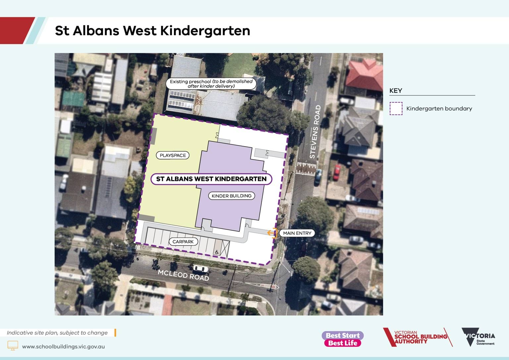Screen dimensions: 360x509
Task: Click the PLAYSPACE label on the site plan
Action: [173, 155]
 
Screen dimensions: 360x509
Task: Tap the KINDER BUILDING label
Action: [231, 196]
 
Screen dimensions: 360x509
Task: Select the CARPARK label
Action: [183, 242]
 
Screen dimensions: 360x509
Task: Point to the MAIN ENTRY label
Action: [297, 233]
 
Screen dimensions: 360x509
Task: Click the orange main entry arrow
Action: [272, 233]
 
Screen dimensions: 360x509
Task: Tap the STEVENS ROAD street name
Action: [315, 132]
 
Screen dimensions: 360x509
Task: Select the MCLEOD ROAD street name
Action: [183, 275]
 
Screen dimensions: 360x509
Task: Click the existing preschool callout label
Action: [211, 84]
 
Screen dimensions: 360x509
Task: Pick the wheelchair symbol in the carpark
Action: [217, 252]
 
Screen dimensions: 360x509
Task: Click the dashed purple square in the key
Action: [396, 108]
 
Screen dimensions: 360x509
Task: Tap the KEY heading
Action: [396, 91]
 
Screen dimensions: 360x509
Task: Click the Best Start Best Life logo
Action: [343, 339]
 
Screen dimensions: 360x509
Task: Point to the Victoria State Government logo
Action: [478, 337]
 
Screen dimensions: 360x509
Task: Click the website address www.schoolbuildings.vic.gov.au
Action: [63, 347]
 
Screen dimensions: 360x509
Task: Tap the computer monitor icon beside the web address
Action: [13, 345]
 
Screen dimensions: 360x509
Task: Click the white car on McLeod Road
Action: [200, 269]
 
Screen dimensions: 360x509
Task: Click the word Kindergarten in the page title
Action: [205, 30]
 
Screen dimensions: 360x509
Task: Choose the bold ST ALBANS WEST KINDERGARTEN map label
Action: [211, 179]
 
